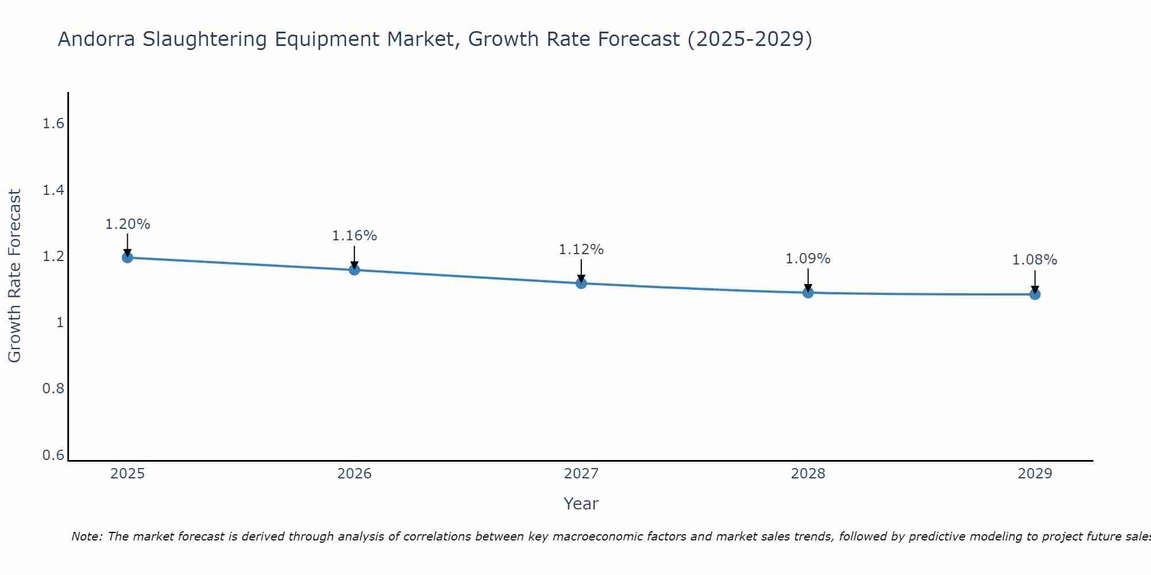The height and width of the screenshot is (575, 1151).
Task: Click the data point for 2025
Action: [127, 257]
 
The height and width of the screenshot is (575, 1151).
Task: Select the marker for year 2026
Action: [354, 270]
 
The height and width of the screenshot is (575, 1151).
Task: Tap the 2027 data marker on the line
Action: [581, 283]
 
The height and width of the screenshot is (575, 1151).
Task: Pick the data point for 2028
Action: [808, 293]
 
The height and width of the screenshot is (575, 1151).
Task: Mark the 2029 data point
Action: [1035, 294]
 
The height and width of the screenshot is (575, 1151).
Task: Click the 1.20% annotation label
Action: [127, 224]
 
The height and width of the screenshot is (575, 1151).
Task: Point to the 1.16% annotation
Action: [354, 236]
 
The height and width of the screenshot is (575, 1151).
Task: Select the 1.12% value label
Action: [581, 250]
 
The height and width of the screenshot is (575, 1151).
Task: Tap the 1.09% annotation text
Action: [808, 259]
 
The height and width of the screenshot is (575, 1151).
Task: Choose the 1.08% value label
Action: [1035, 260]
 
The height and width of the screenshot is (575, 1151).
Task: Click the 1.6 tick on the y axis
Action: [53, 124]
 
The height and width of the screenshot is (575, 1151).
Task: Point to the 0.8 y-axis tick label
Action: [53, 389]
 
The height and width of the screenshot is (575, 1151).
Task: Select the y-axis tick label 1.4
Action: [53, 190]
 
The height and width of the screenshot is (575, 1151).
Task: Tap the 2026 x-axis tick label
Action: [354, 474]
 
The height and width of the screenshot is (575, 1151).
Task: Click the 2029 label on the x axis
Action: [1035, 474]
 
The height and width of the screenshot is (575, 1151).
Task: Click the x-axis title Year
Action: [581, 504]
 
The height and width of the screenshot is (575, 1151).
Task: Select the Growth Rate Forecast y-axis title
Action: [15, 276]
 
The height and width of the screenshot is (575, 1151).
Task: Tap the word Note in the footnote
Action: [86, 536]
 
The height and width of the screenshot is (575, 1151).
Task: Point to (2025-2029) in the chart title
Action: [750, 40]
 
